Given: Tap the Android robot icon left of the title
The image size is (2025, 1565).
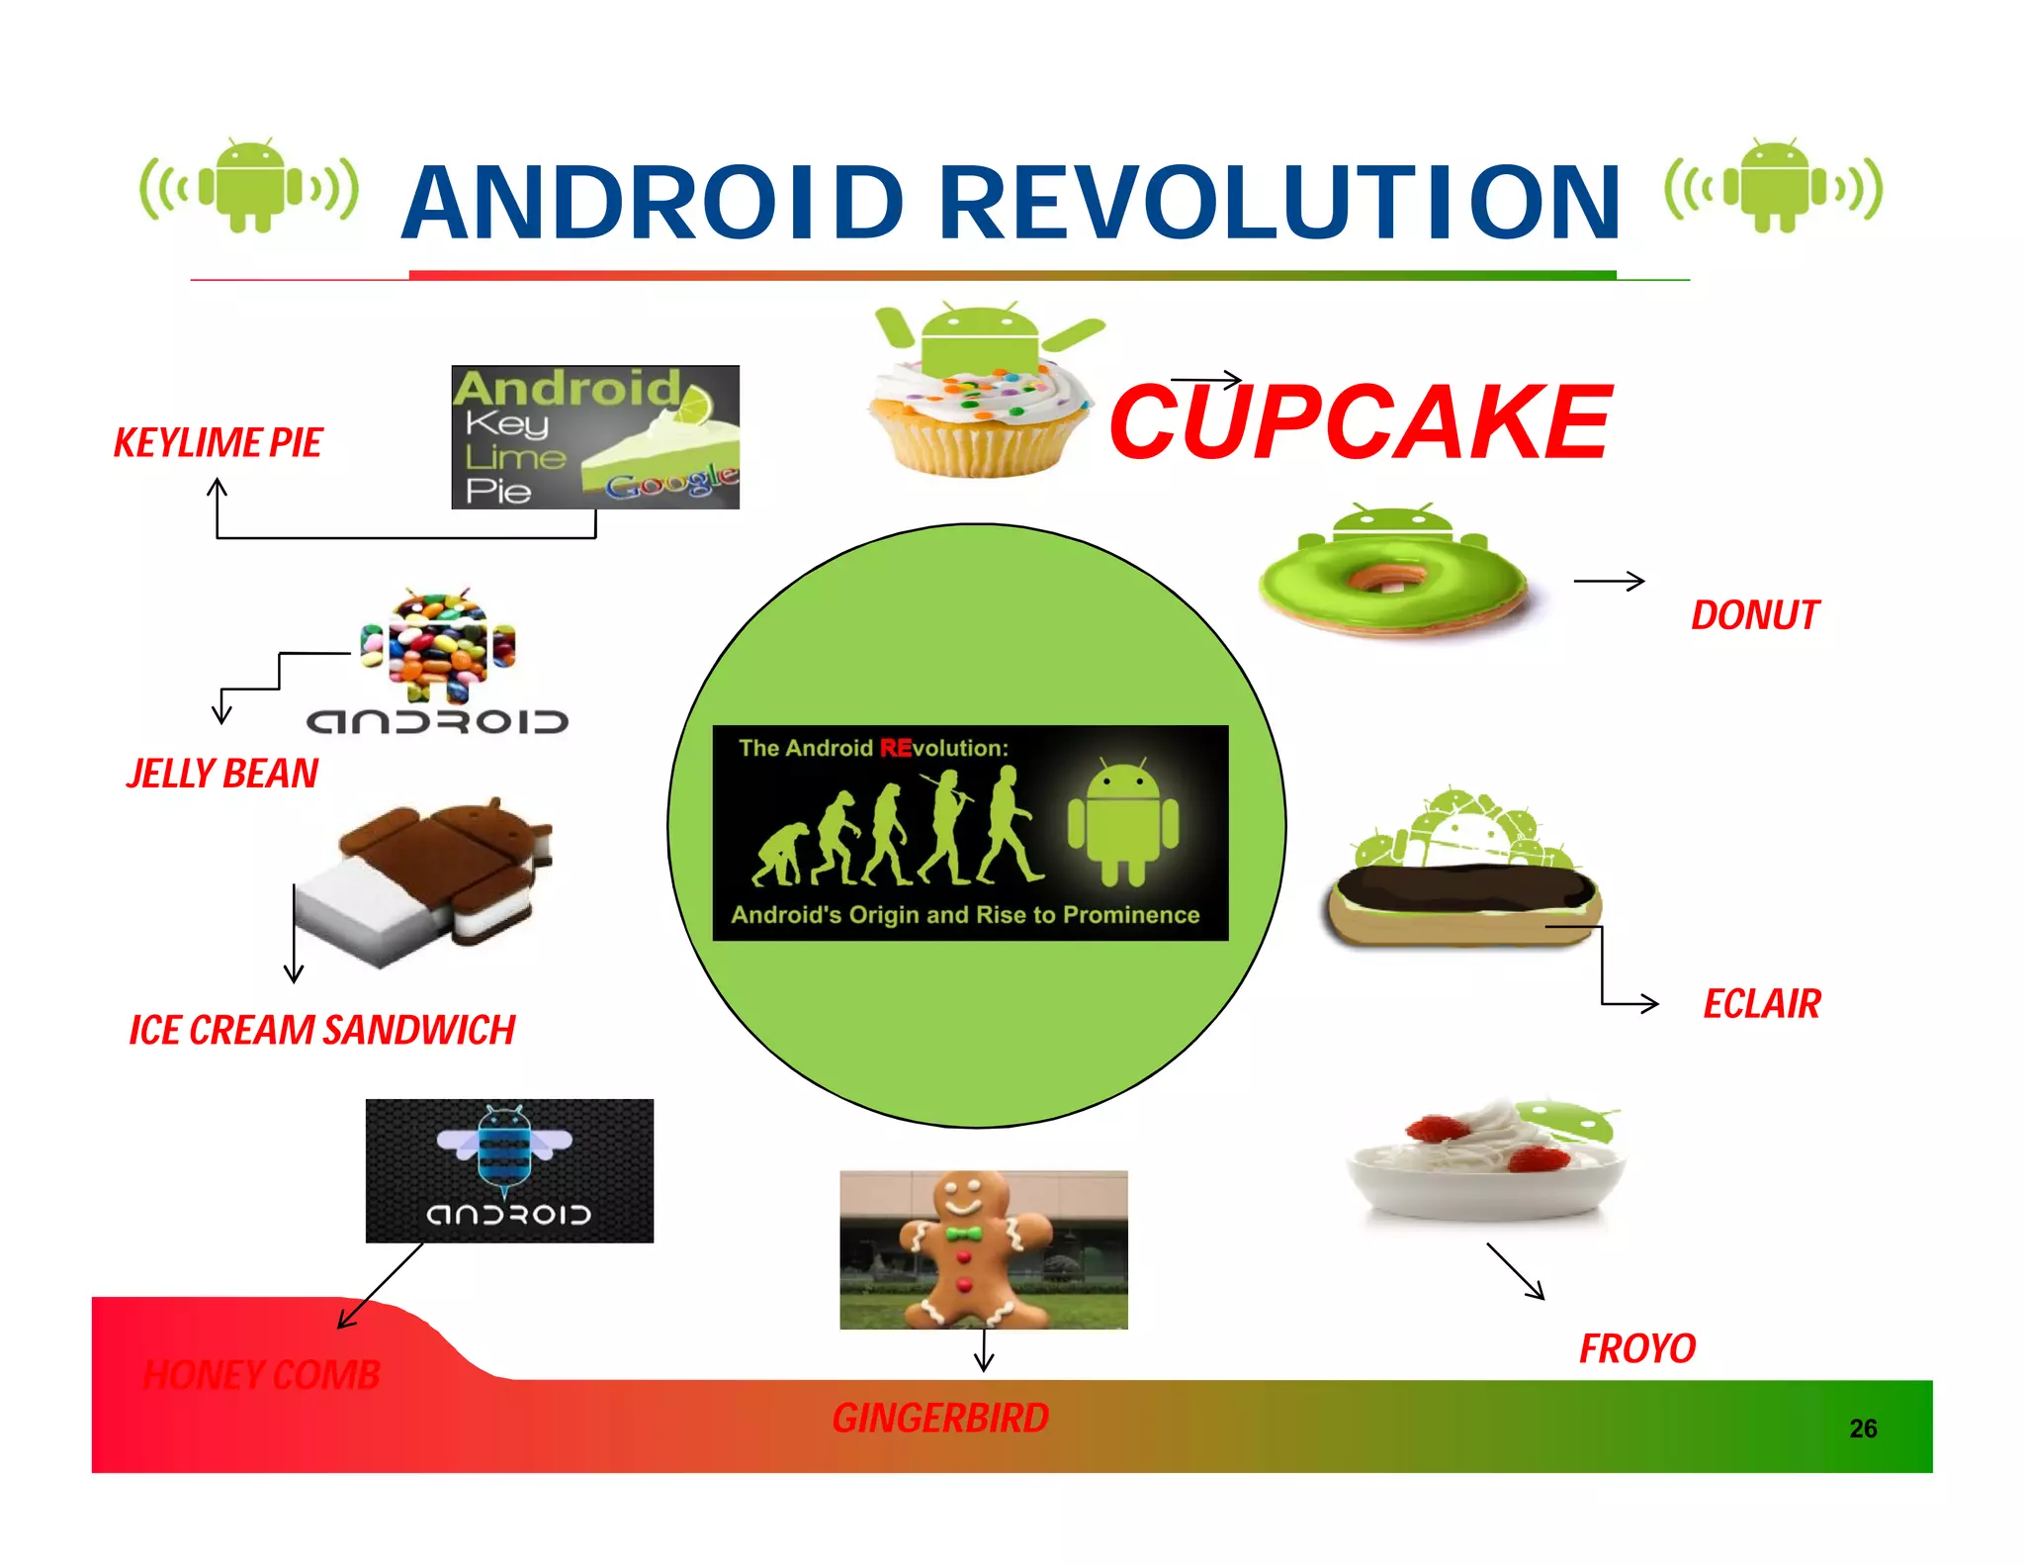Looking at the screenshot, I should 249,186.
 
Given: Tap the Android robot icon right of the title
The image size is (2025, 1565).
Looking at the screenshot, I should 1774,186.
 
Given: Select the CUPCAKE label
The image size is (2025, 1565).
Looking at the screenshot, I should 1361,423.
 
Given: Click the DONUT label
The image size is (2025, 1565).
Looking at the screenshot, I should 1754,615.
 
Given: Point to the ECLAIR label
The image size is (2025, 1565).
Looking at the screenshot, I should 1761,1004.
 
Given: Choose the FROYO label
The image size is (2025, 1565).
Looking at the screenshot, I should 1636,1348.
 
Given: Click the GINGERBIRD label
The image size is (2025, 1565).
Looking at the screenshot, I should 939,1419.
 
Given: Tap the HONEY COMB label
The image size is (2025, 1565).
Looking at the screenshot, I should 262,1375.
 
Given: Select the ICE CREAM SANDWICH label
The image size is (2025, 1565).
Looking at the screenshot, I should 322,1031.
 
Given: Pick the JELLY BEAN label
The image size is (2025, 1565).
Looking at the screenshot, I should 222,774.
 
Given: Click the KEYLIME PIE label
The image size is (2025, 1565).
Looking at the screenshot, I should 218,443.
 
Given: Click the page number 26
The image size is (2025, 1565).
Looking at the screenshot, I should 1863,1428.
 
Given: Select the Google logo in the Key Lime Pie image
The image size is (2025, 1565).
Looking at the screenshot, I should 671,484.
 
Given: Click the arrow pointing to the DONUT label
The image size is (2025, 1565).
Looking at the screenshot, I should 1609,582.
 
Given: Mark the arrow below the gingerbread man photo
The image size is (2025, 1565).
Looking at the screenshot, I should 983,1351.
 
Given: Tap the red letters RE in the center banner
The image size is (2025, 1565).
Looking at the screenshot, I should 895,748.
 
